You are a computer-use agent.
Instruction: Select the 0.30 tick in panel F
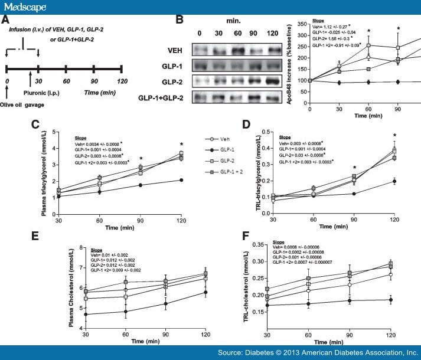tap(256, 261)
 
